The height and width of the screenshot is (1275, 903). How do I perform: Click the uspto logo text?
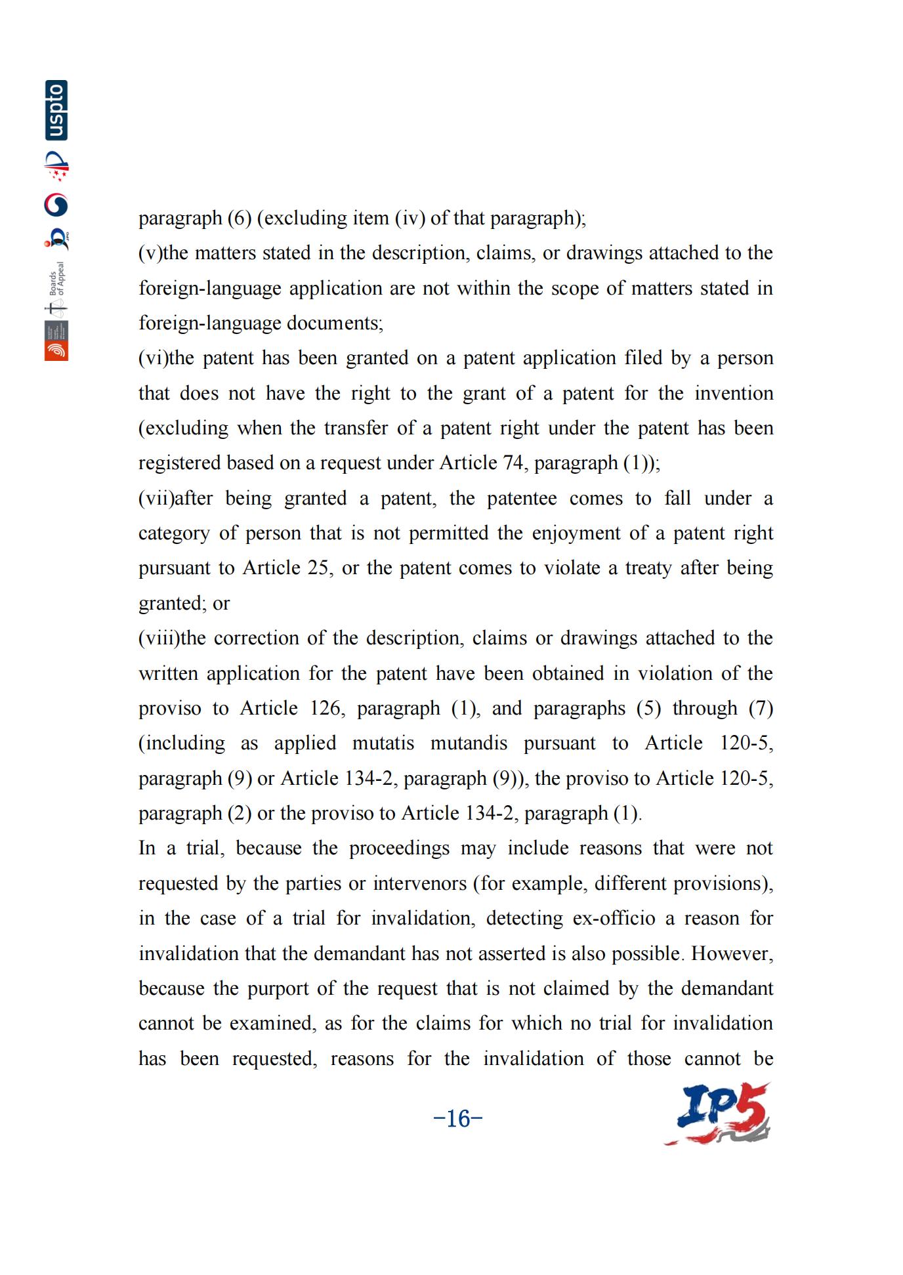pyautogui.click(x=56, y=110)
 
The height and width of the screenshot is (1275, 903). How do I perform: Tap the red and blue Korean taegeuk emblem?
pyautogui.click(x=56, y=205)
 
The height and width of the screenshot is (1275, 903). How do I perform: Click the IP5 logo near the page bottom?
pyautogui.click(x=718, y=1115)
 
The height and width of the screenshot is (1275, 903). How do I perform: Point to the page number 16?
pyautogui.click(x=458, y=1118)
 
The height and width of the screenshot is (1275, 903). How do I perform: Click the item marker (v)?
pyautogui.click(x=150, y=253)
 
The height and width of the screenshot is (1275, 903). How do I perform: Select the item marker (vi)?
pyautogui.click(x=154, y=358)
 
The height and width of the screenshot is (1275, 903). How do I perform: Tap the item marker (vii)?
pyautogui.click(x=156, y=499)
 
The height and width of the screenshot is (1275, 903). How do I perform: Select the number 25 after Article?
pyautogui.click(x=318, y=568)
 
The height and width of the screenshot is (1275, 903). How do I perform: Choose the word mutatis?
pyautogui.click(x=383, y=743)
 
